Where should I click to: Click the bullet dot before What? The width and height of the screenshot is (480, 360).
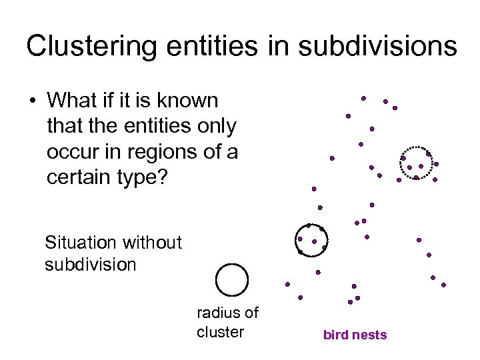tap(31, 101)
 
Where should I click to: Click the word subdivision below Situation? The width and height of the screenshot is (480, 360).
tap(90, 265)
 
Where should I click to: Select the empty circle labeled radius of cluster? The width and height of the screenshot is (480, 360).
tap(232, 280)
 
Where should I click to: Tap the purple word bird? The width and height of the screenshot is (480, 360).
tap(336, 335)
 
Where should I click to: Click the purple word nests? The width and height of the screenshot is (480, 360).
tap(369, 335)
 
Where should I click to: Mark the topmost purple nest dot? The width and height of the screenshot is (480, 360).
tap(363, 98)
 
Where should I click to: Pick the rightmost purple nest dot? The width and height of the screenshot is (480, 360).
tap(443, 285)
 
